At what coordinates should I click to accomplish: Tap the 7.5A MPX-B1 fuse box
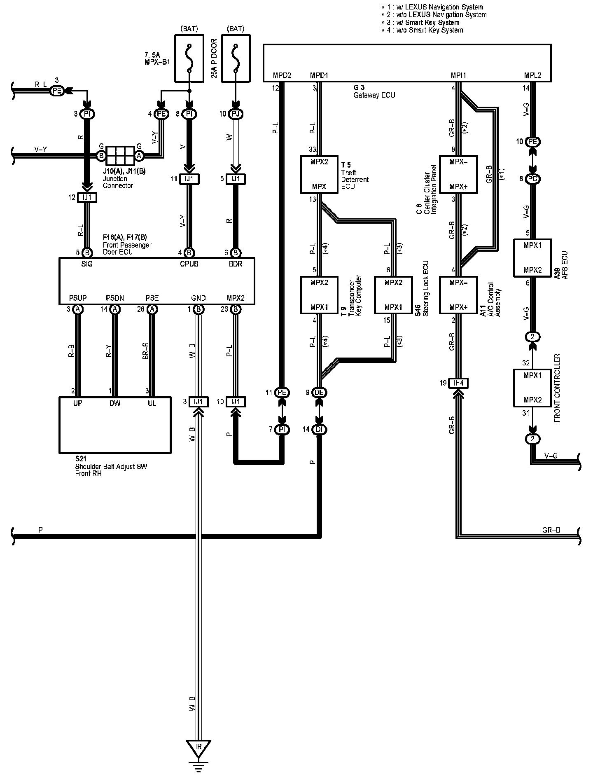189,58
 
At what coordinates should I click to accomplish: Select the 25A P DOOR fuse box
235,58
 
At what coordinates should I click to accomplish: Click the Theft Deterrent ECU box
319,174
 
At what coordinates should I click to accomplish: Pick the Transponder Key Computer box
319,295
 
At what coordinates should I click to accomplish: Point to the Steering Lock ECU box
393,295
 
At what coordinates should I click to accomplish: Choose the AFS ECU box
532,257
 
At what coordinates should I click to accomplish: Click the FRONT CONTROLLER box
532,388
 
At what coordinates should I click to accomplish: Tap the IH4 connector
458,383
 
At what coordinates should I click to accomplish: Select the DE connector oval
319,393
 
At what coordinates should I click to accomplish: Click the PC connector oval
532,179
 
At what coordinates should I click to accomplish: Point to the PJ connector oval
235,114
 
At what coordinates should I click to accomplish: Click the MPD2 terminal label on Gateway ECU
282,75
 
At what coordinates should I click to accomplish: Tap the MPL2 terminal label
532,75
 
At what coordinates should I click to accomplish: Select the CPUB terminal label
189,264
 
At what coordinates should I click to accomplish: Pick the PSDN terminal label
115,298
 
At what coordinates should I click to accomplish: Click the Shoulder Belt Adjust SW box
115,425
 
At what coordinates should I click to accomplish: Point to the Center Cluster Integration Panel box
458,174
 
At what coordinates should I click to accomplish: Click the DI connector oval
319,430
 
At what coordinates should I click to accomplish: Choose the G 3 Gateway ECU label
374,91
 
